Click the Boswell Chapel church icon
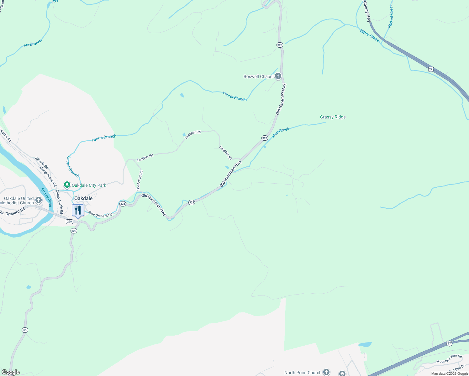point(278,76)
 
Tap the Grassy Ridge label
point(333,117)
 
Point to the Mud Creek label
point(280,133)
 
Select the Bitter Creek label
point(370,36)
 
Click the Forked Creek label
point(391,16)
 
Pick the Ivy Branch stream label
point(33,43)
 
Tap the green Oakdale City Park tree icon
point(67,185)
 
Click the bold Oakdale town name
point(83,198)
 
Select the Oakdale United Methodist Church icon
point(39,200)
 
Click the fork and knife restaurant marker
point(78,210)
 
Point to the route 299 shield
point(69,222)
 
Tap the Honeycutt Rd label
point(140,180)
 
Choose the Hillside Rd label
point(42,163)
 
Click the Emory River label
point(46,197)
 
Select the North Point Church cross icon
point(326,372)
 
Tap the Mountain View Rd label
point(449,359)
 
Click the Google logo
point(10,372)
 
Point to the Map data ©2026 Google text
point(450,373)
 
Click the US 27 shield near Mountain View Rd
point(449,343)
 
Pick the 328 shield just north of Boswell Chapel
point(280,45)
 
